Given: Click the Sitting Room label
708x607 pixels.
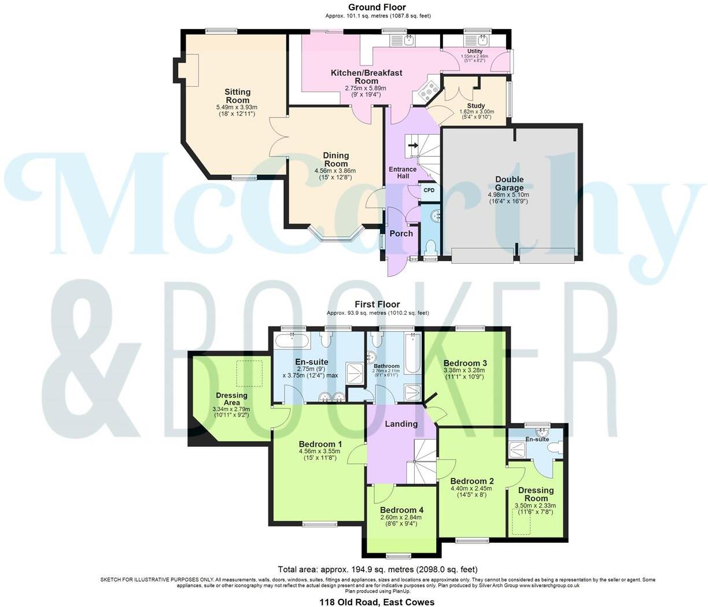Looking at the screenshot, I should (x=238, y=96).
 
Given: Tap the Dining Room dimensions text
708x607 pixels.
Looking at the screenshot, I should (x=335, y=174).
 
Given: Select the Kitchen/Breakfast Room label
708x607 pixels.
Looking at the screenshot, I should (x=366, y=77).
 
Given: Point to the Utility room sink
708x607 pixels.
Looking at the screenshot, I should (x=483, y=40).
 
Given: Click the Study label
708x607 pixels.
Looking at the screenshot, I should (x=475, y=106).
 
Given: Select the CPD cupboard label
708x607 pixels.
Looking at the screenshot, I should (x=429, y=190).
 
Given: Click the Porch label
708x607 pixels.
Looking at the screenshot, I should (x=401, y=234).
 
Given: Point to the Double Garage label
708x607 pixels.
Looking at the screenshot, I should (x=509, y=183).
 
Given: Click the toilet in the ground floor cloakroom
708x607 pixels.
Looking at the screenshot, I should (x=430, y=248).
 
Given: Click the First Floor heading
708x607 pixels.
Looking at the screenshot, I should (x=377, y=304).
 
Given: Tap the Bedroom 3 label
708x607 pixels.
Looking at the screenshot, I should (x=465, y=363).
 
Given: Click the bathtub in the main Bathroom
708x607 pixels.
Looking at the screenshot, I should (x=412, y=352).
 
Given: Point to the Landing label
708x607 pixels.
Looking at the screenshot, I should (x=401, y=424).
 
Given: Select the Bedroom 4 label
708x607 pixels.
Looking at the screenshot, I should (x=401, y=510).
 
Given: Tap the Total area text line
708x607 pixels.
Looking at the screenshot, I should (x=377, y=569).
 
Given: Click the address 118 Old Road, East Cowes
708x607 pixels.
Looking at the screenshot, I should (x=377, y=602).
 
